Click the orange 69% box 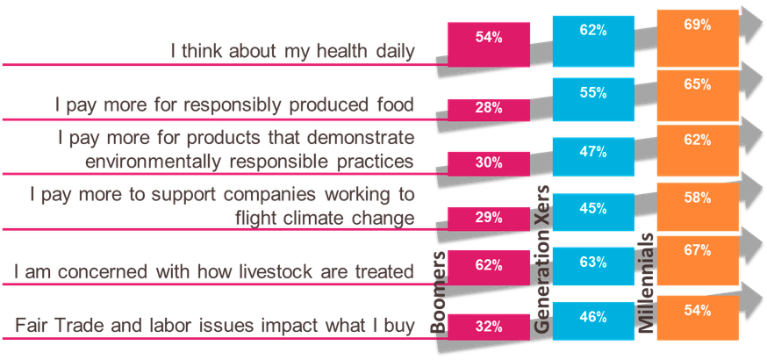(698, 38)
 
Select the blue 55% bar (593, 99)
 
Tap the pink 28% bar (489, 110)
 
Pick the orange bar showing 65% (698, 96)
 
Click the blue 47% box (593, 156)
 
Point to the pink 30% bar (489, 163)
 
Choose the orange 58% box (698, 207)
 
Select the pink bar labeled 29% (489, 219)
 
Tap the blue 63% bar (593, 266)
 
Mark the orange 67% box (698, 260)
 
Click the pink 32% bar (489, 327)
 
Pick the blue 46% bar (593, 320)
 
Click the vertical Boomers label (439, 292)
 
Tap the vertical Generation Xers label (542, 260)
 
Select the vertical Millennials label (647, 283)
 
